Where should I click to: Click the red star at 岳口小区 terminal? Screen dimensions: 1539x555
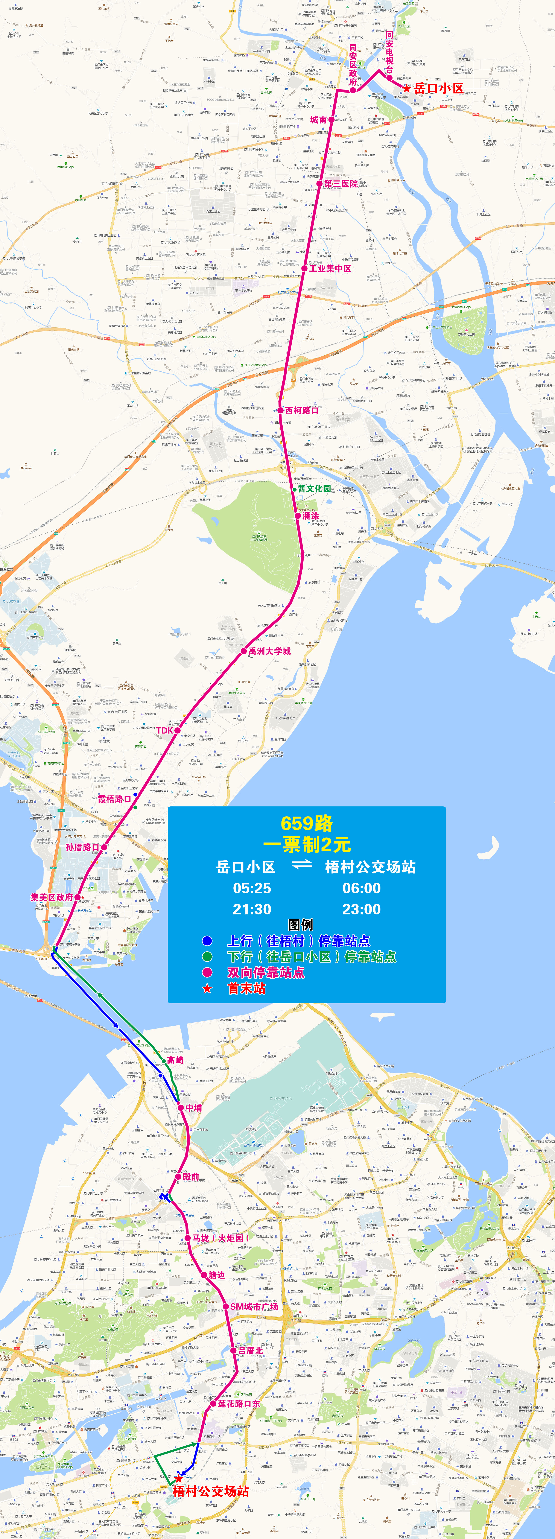406,88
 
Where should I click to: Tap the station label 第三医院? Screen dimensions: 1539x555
341,183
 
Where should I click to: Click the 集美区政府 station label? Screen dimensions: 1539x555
52,897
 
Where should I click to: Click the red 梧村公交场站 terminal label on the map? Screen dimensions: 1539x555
211,1491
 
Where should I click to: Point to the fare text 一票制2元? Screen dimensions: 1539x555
306,845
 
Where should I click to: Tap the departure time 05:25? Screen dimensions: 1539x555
252,888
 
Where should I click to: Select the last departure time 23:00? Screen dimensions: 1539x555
361,909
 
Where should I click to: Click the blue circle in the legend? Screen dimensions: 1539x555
207,941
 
